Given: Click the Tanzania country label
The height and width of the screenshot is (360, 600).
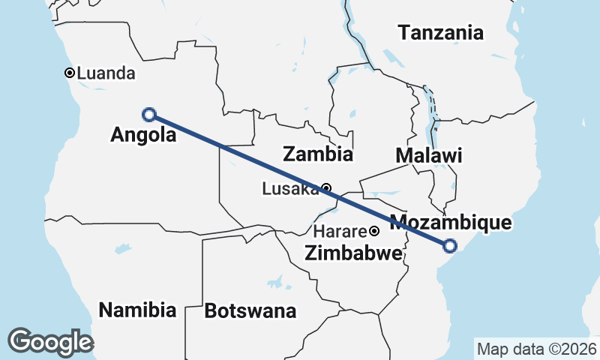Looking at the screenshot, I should click(x=440, y=33).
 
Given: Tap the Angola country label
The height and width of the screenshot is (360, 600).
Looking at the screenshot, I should click(x=143, y=135).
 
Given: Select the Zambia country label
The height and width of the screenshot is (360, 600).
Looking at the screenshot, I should click(x=317, y=154).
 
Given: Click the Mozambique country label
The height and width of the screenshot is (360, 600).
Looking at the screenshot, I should click(x=451, y=222).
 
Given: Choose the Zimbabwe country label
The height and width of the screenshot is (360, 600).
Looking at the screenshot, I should click(x=352, y=253).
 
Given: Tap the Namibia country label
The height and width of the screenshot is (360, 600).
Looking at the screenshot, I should click(x=137, y=310).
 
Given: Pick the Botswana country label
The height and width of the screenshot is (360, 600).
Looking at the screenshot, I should click(x=250, y=310).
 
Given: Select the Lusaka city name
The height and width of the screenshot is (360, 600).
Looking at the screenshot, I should click(x=290, y=189).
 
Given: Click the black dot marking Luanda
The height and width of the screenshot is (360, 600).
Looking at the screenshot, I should click(x=69, y=73).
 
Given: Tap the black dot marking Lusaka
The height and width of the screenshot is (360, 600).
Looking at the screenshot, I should click(x=326, y=187).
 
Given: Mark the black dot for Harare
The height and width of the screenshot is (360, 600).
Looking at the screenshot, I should click(x=373, y=231).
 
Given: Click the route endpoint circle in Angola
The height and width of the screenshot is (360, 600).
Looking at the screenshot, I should click(x=149, y=115).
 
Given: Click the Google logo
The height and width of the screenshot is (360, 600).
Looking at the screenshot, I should click(x=50, y=341).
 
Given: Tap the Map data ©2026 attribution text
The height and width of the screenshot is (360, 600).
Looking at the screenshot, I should click(x=536, y=349).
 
